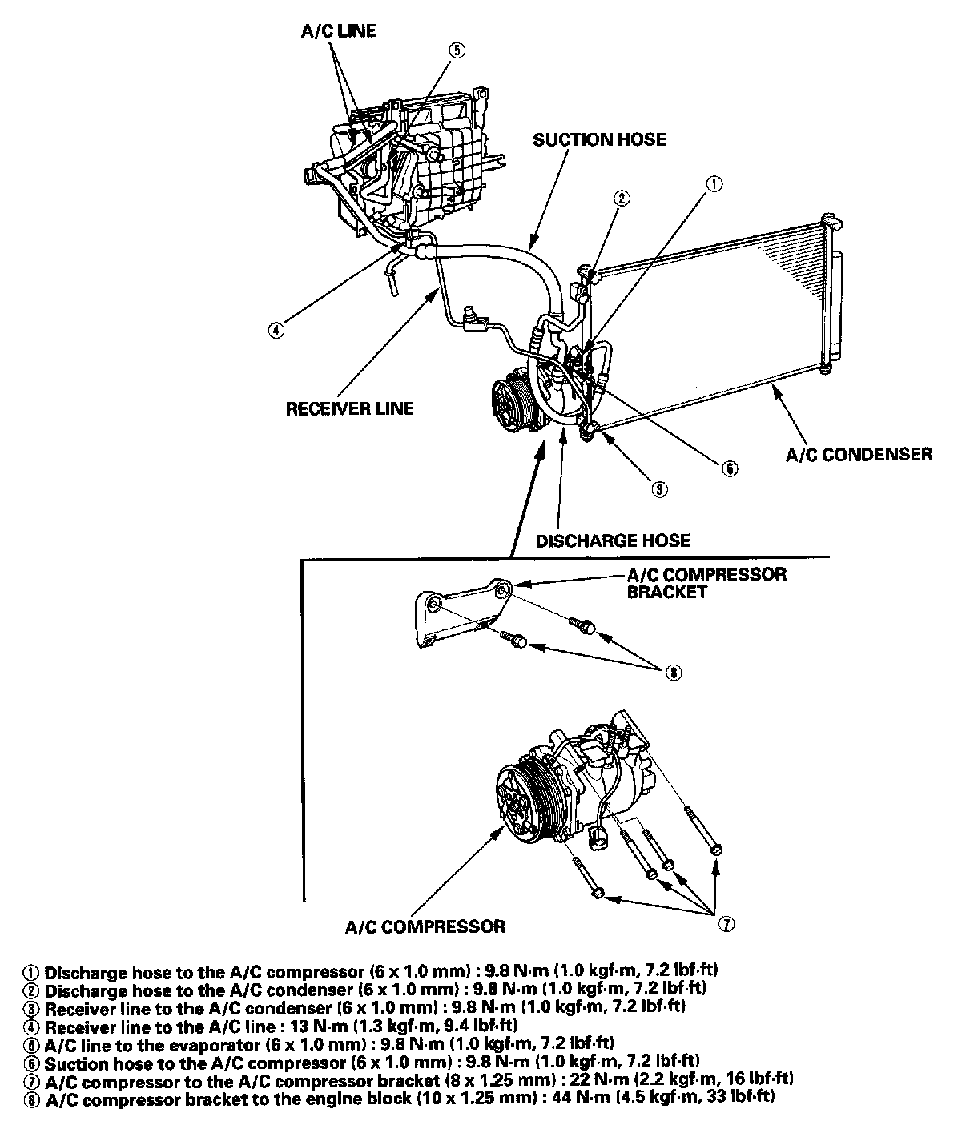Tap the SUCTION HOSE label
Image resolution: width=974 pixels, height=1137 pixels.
click(x=599, y=140)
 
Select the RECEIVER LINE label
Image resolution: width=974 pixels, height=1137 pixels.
click(x=350, y=409)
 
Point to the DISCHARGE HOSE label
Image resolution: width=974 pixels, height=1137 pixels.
click(x=613, y=540)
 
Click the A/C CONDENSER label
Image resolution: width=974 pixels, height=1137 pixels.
click(x=859, y=455)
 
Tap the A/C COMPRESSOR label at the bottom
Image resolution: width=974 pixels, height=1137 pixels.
click(x=425, y=927)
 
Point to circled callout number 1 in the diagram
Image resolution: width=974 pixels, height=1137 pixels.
click(x=714, y=183)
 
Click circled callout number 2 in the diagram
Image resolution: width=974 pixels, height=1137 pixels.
click(x=622, y=198)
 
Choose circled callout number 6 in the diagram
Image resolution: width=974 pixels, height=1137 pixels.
click(x=730, y=469)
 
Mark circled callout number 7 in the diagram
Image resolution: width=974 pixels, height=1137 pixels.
click(x=726, y=924)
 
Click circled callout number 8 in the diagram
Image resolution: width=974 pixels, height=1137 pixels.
click(x=673, y=673)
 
